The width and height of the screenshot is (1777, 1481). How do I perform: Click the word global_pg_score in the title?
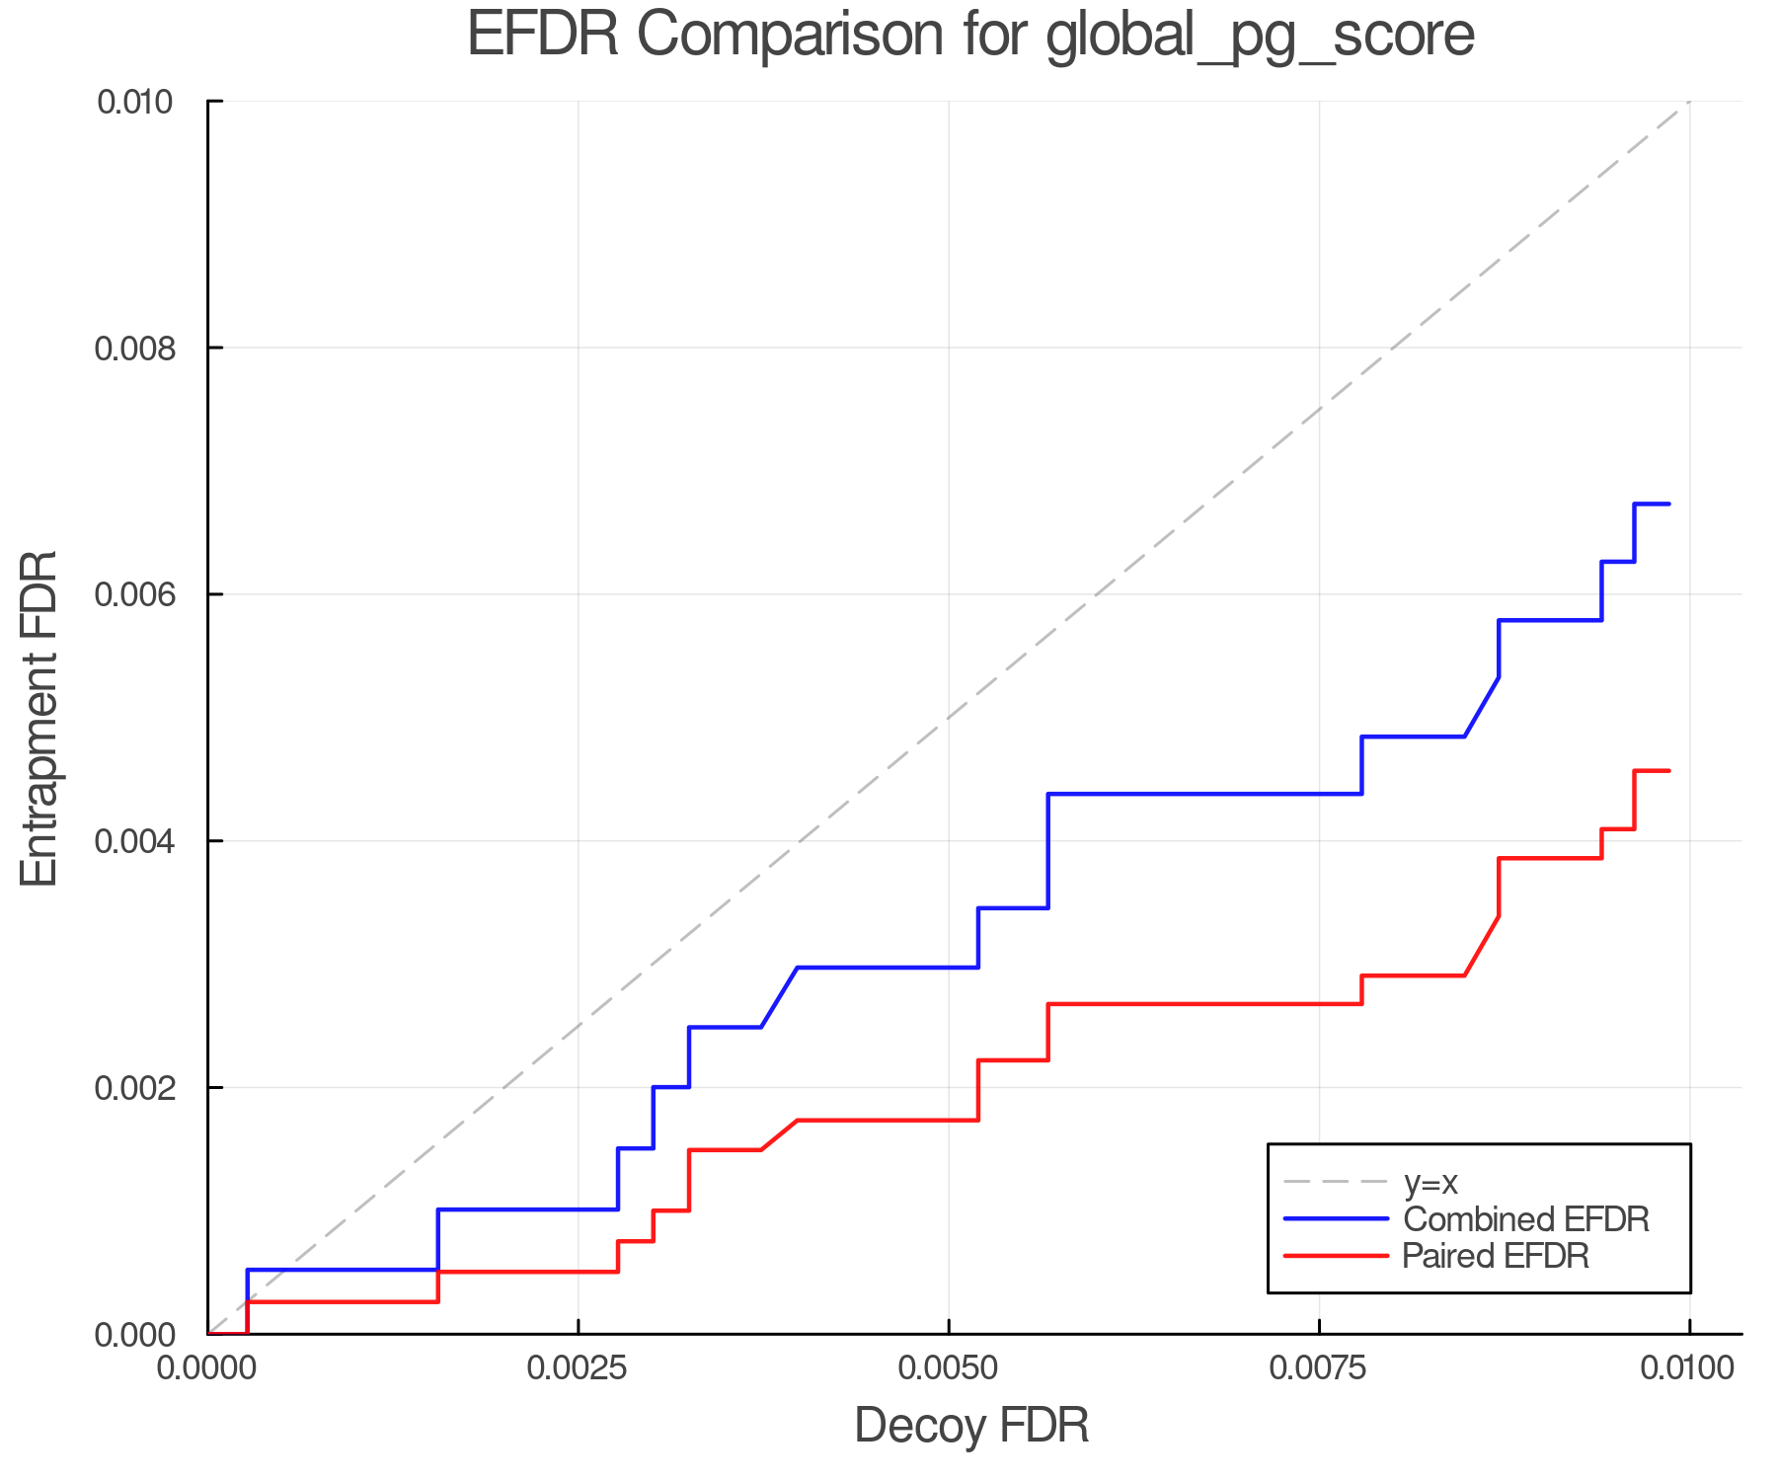tap(1260, 37)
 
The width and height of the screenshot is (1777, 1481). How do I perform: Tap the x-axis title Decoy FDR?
tap(971, 1426)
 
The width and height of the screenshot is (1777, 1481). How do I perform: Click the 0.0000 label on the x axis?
tap(207, 1368)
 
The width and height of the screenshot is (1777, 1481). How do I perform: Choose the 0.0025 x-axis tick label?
tap(578, 1368)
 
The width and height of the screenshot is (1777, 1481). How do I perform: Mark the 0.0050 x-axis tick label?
tap(949, 1368)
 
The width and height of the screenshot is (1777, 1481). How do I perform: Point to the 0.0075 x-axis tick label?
tap(1319, 1368)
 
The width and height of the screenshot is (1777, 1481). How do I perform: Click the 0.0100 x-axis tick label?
tap(1689, 1368)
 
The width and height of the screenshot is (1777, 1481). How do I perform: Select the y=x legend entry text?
tap(1430, 1183)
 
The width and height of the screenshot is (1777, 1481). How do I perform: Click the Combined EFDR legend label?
tap(1526, 1219)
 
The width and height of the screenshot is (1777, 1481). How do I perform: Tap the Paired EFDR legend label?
tap(1496, 1256)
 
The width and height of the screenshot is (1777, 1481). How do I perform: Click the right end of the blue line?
tap(1668, 505)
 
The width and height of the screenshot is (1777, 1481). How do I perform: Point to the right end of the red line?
tap(1668, 771)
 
